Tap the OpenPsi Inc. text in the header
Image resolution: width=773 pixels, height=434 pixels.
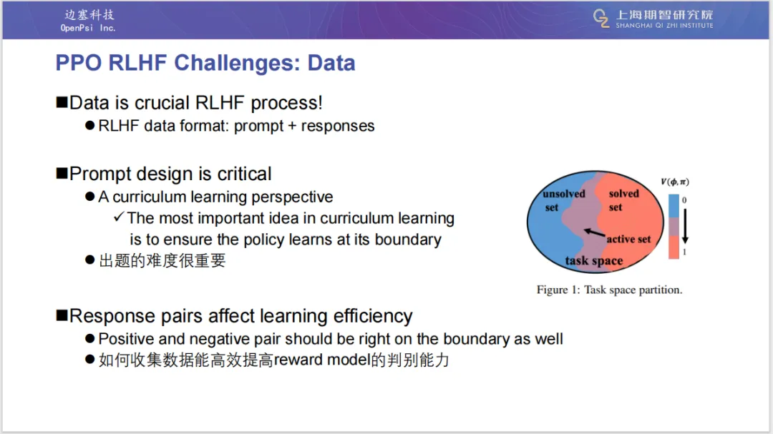[88, 28]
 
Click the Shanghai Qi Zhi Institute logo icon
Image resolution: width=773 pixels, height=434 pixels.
[601, 19]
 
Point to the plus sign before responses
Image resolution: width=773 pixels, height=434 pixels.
[292, 126]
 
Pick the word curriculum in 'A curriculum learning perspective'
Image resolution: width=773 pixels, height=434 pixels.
[150, 197]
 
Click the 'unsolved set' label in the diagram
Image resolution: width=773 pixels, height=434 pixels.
[563, 200]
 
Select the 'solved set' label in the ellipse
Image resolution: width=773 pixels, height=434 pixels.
[623, 200]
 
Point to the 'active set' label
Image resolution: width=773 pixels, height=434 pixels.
[628, 240]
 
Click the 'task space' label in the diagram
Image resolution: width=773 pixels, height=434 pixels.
[593, 260]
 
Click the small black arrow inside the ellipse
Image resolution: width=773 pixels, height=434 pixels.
[595, 232]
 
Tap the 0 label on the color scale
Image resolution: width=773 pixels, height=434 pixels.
[684, 200]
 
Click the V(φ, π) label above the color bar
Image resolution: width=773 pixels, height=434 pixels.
[675, 182]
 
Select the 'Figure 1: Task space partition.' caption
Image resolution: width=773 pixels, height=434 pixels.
[609, 290]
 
